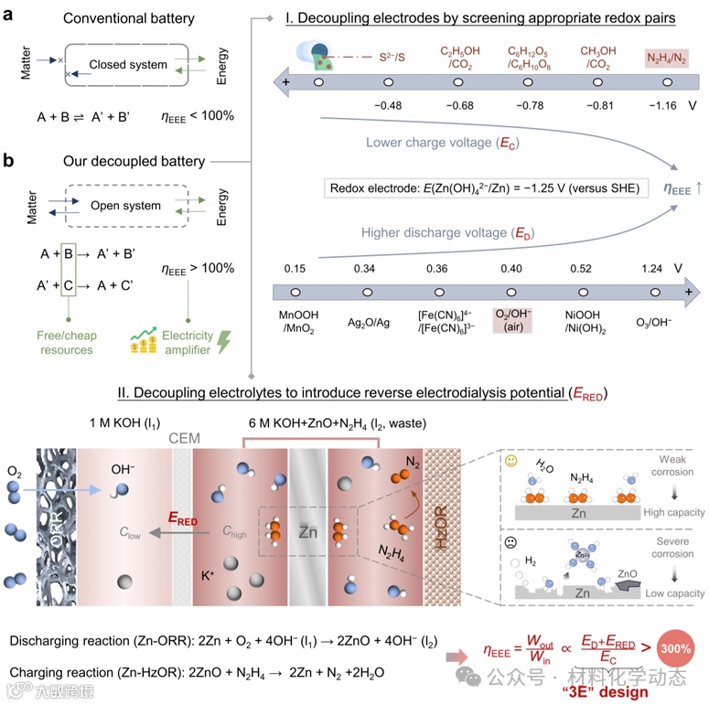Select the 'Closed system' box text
pos(127,65)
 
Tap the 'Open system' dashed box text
pos(127,206)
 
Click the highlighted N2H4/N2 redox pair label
pos(668,58)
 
